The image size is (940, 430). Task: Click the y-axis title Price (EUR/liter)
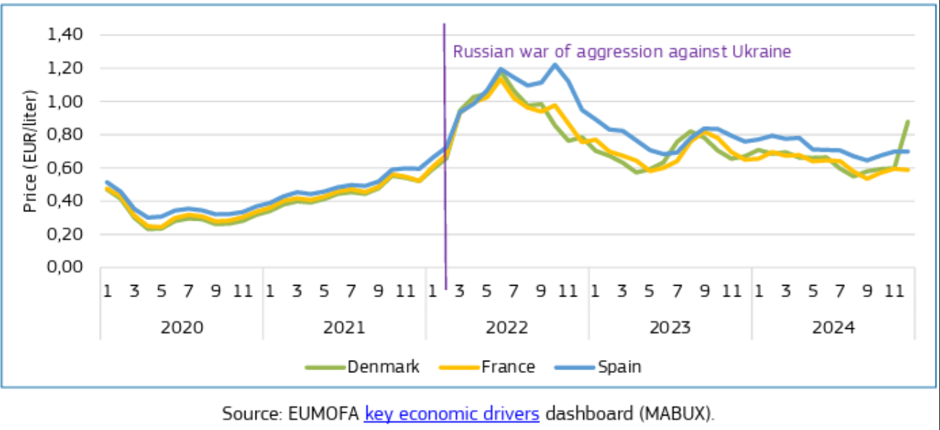pyautogui.click(x=30, y=151)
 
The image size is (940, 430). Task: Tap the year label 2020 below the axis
pyautogui.click(x=181, y=327)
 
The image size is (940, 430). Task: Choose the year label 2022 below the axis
pyautogui.click(x=507, y=327)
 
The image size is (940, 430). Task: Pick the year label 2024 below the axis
pyautogui.click(x=833, y=327)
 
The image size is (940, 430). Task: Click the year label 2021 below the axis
pyautogui.click(x=344, y=327)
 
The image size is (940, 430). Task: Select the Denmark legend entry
pyautogui.click(x=383, y=367)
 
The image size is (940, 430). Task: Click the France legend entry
pyautogui.click(x=508, y=367)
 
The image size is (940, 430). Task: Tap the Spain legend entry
pyautogui.click(x=619, y=367)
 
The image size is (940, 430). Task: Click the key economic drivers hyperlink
pyautogui.click(x=452, y=413)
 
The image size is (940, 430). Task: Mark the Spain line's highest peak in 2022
pyautogui.click(x=554, y=64)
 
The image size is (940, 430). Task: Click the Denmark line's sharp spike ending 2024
pyautogui.click(x=907, y=122)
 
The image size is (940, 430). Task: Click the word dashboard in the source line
pyautogui.click(x=580, y=413)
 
